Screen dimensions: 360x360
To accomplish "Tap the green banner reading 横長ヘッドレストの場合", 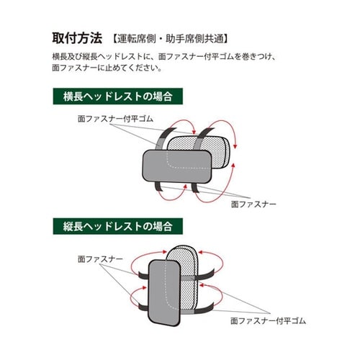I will click(117, 96).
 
